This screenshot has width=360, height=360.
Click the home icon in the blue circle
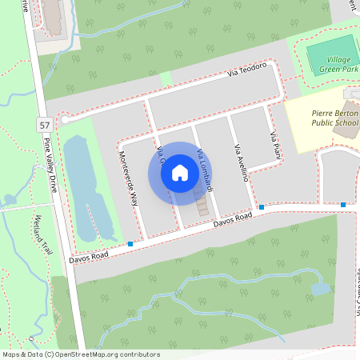pos(180,173)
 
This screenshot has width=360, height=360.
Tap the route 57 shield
pos(46,125)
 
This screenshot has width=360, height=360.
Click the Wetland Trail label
pos(42,235)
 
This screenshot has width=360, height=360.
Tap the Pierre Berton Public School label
pos(334,118)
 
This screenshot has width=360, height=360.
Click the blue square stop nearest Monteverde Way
pos(130,243)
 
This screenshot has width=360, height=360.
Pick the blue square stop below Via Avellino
pos(261,207)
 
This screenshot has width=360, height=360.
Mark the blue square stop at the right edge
pos(343,206)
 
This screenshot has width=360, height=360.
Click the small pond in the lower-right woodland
pos(320,288)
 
